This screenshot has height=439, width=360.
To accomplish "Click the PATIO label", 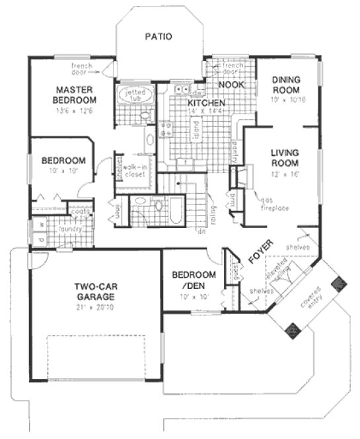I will (x=159, y=37).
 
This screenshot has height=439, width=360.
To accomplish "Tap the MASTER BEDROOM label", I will (x=76, y=95).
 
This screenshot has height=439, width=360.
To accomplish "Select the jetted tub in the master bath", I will (x=135, y=97).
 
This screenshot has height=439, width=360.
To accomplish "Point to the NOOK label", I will (x=231, y=85).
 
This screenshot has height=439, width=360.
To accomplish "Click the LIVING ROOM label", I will (x=285, y=157).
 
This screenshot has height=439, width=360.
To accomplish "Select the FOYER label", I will (x=257, y=255).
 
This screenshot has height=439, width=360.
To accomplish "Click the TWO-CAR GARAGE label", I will (x=95, y=292).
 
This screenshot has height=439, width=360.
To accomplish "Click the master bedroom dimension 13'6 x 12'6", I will (x=76, y=110).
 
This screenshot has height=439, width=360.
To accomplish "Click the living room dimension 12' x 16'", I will (x=285, y=172).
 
